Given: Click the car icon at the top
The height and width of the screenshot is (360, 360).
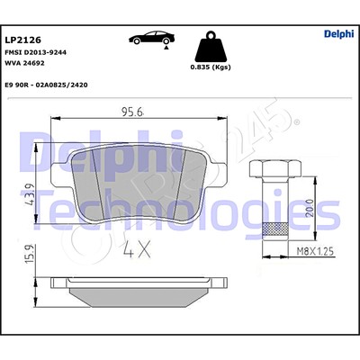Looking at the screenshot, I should click(152, 37).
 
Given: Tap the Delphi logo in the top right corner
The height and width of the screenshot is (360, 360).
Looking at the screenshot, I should click(338, 35).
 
